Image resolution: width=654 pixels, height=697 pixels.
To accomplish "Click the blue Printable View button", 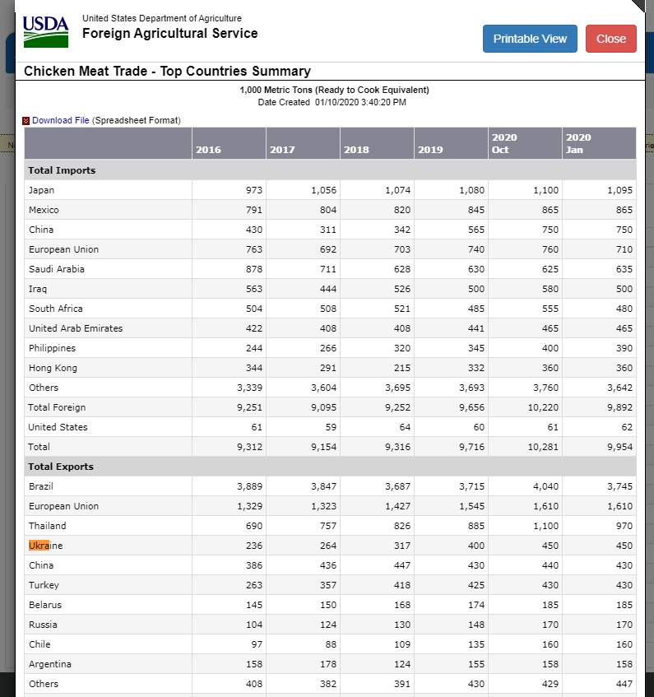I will (x=530, y=39).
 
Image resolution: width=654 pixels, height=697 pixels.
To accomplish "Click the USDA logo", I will (x=45, y=31).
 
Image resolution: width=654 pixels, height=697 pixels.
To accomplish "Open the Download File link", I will (x=60, y=120).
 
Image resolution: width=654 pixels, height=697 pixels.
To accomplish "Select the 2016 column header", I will (x=208, y=150).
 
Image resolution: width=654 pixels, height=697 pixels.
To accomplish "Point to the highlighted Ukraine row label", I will (x=45, y=546).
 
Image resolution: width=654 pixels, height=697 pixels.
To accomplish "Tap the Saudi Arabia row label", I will (x=56, y=269).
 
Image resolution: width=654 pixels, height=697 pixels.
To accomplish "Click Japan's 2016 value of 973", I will (x=253, y=190).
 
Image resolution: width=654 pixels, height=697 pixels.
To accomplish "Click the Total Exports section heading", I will (x=61, y=467).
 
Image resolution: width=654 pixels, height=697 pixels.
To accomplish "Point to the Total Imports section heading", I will (x=62, y=170).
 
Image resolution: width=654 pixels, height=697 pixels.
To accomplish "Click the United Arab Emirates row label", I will (x=76, y=328).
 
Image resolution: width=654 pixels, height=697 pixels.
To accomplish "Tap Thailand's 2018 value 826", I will (x=400, y=526).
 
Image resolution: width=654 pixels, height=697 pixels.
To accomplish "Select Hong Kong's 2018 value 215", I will (x=400, y=368).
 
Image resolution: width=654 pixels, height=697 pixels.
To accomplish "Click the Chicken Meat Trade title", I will (x=167, y=71).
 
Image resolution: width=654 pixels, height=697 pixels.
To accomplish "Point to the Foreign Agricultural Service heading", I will (x=169, y=34).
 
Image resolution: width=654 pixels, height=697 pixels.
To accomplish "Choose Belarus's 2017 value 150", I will (x=327, y=605).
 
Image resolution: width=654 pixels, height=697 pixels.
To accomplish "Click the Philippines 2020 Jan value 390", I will (x=624, y=348).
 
